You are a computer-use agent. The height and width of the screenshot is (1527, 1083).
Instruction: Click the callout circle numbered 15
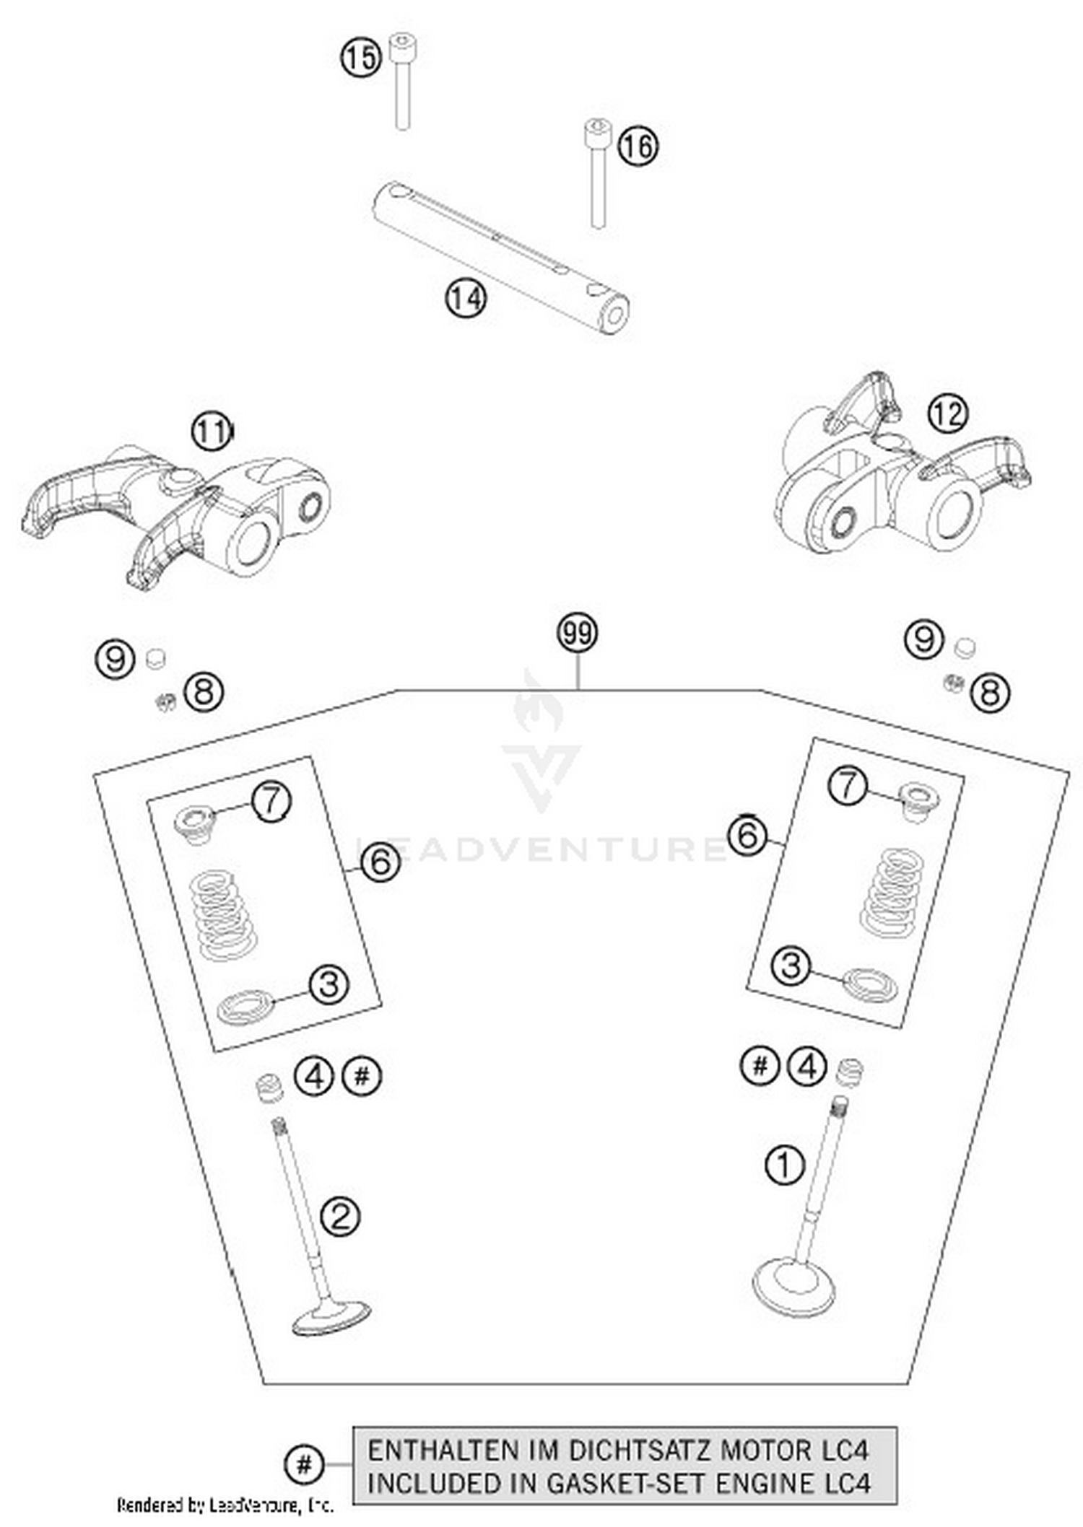[360, 57]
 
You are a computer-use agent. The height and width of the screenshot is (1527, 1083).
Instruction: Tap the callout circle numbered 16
[638, 146]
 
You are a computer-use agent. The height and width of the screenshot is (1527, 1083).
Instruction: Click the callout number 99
[578, 633]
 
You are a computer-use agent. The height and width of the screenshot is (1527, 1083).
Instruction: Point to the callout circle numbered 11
[212, 432]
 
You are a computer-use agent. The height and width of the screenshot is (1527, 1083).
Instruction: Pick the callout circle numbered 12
[947, 414]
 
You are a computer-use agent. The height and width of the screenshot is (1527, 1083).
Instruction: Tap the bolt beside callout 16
[596, 173]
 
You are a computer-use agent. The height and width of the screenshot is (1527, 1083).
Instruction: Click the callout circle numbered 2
[340, 1217]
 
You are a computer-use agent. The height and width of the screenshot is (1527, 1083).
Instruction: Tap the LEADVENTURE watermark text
[541, 849]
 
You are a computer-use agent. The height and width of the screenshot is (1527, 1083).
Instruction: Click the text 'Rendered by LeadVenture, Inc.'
[225, 1505]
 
